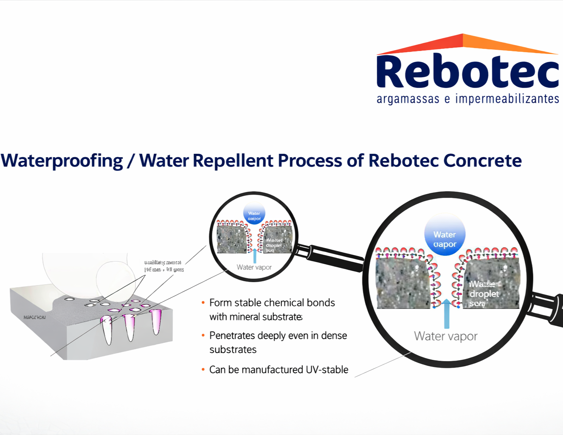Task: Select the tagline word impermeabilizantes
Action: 507,99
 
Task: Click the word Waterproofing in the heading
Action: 62,161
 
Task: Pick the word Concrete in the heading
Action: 482,161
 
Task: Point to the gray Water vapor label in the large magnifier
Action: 445,336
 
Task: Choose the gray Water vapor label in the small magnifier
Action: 254,267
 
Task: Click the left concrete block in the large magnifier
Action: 402,282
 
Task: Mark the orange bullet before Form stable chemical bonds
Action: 203,303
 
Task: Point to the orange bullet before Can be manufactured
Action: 203,370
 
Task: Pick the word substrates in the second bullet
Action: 233,350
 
